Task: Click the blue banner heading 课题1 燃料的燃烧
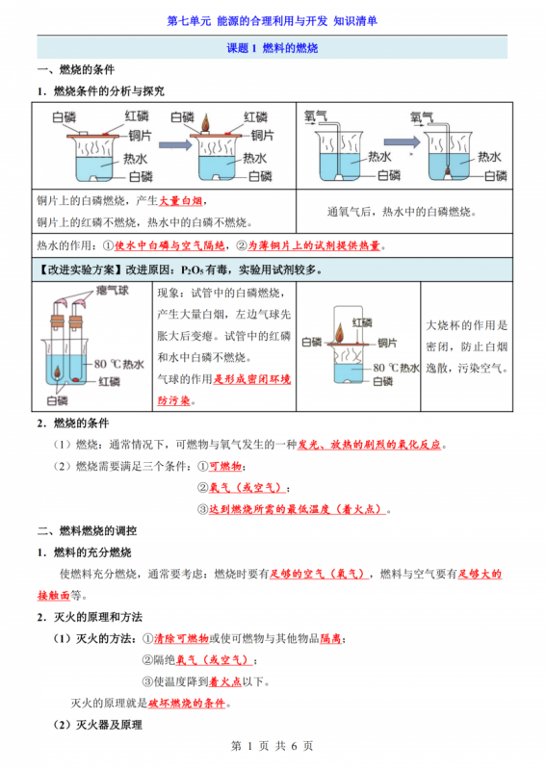click(273, 48)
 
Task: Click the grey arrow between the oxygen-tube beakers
click(408, 141)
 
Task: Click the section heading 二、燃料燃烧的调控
click(87, 530)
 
